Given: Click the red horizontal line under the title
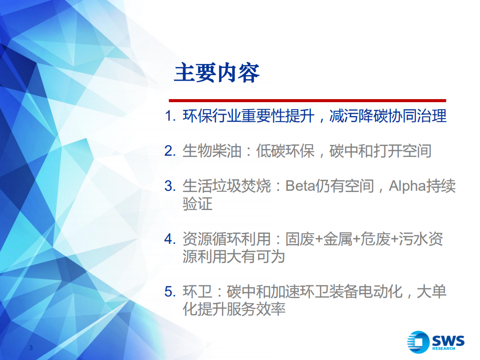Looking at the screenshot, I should (307, 101).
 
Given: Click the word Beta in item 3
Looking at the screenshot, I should (298, 186).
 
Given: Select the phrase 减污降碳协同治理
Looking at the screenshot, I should (387, 117).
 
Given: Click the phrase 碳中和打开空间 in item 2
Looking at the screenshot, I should (380, 151).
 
